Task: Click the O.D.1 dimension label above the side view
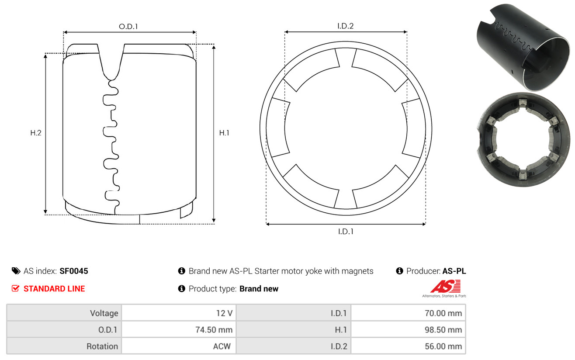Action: click(x=128, y=26)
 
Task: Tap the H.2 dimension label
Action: click(x=36, y=133)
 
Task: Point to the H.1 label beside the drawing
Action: click(x=224, y=133)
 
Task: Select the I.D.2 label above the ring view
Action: click(x=345, y=26)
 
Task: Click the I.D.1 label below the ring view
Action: click(x=346, y=232)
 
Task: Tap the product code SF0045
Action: click(x=74, y=271)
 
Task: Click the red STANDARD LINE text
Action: click(x=54, y=289)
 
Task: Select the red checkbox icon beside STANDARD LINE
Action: click(x=15, y=288)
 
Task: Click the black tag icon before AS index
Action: click(x=16, y=271)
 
